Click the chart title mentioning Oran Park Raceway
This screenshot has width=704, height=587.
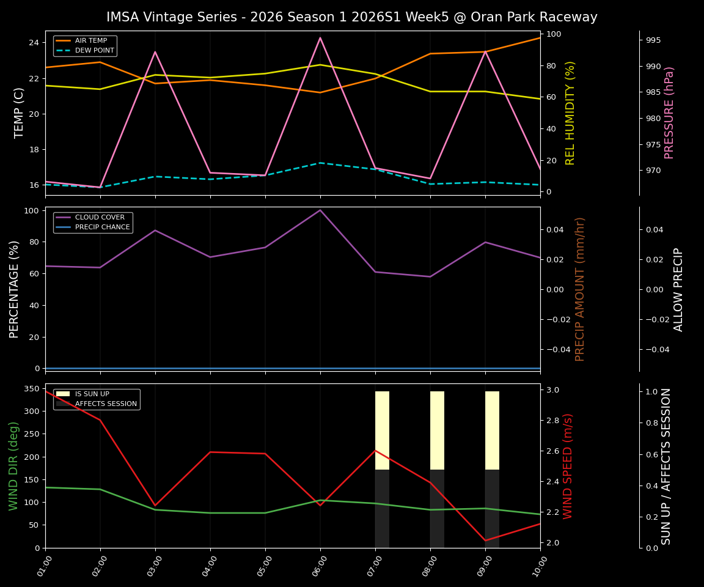pos(352,17)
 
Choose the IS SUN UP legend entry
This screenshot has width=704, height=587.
pos(92,394)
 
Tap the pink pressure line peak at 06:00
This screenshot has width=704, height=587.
pos(320,38)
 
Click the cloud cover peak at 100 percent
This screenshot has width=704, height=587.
pos(320,210)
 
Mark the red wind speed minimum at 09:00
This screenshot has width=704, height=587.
pos(485,541)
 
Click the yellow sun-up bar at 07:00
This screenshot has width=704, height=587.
pos(382,430)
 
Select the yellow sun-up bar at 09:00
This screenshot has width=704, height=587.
pos(492,430)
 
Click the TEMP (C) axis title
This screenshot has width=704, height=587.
pos(20,113)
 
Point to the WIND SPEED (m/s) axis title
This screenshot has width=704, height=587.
pos(568,466)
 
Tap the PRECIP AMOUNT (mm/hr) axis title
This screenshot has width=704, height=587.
pos(580,289)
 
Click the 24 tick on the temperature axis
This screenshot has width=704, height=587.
pos(33,43)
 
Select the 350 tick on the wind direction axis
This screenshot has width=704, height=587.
pos(31,389)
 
